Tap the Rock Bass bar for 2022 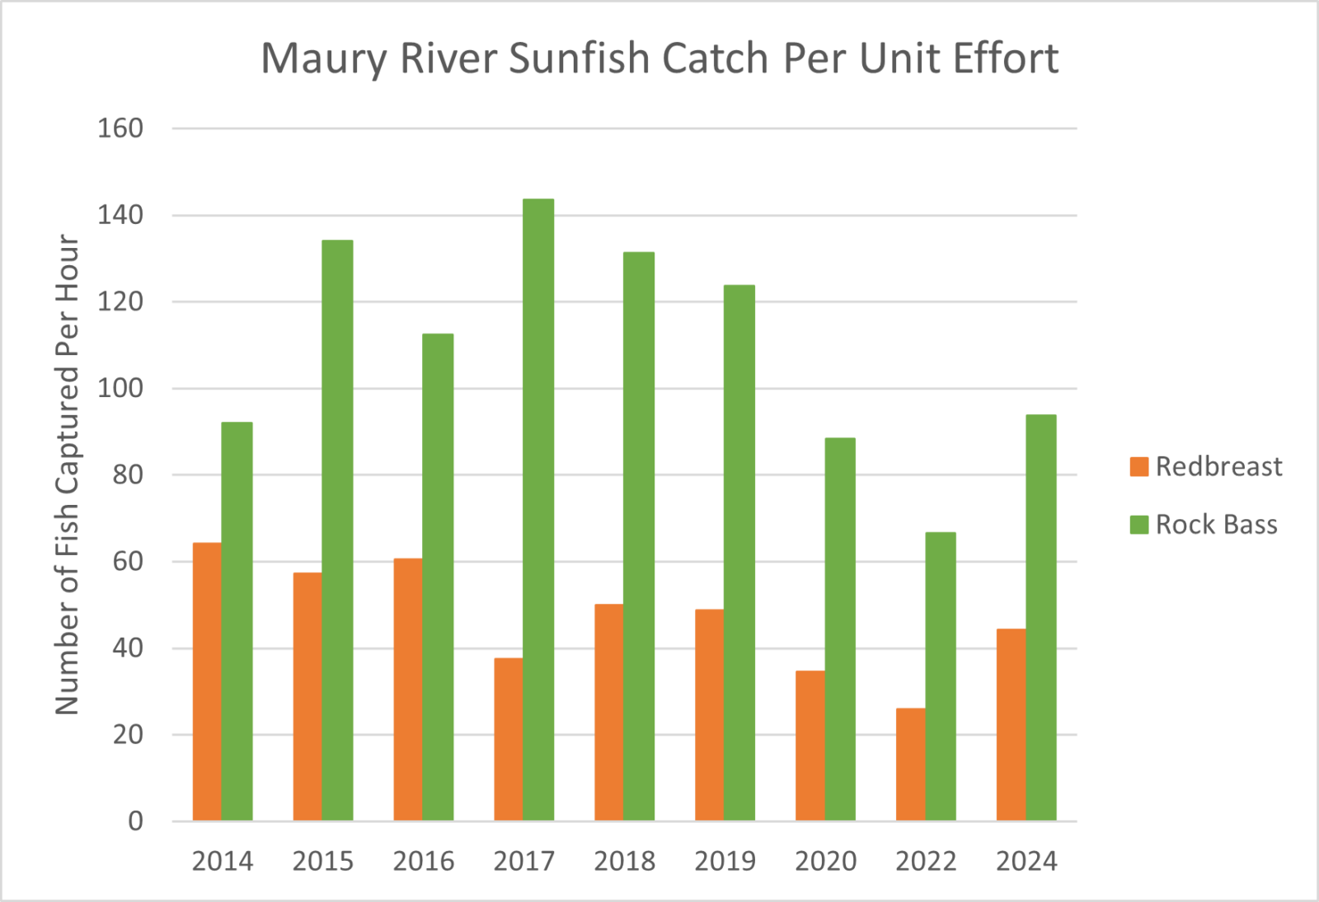[x=941, y=675]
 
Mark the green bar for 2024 [x=1041, y=617]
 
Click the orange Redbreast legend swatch [x=1139, y=467]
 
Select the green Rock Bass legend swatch [x=1139, y=525]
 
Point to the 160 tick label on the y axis [x=120, y=129]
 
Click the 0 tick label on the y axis [x=135, y=821]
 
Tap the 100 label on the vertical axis [x=120, y=388]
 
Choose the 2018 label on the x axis [x=624, y=862]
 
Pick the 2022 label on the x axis [x=926, y=862]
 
